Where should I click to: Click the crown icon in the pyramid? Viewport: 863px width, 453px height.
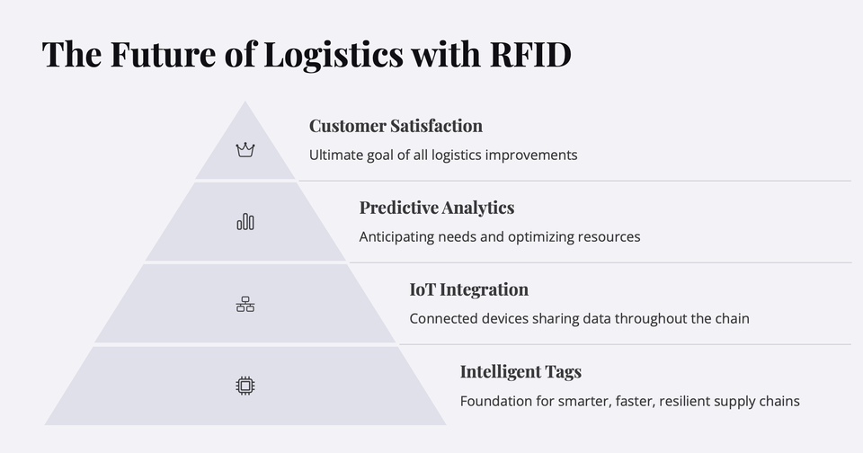click(245, 150)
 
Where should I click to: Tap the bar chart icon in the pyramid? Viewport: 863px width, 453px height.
click(245, 222)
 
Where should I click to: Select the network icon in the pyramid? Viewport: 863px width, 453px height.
click(245, 305)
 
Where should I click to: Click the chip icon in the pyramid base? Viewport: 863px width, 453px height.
click(245, 386)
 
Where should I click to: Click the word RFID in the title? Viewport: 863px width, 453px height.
click(530, 54)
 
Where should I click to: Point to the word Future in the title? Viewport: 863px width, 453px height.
click(163, 54)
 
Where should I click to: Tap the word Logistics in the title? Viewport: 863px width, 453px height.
click(334, 55)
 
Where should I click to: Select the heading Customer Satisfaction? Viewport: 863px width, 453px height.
click(396, 126)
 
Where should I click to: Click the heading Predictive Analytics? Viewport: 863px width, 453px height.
click(437, 208)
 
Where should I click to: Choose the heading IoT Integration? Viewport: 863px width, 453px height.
click(469, 289)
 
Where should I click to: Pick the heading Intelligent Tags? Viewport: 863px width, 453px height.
click(520, 372)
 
